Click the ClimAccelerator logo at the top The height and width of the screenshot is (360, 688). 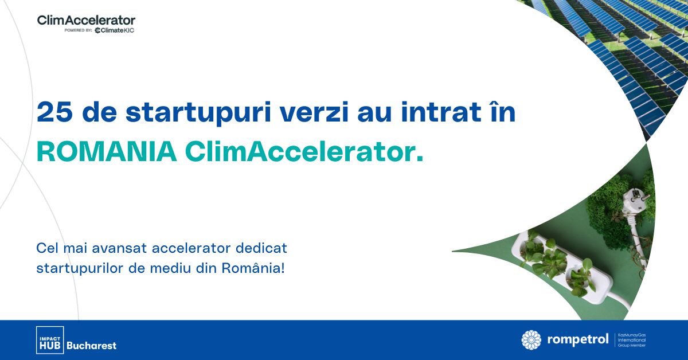tap(86, 20)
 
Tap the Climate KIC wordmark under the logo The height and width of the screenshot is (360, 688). tap(115, 30)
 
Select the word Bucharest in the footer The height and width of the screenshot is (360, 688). tap(92, 346)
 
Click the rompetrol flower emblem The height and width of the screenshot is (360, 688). tap(531, 340)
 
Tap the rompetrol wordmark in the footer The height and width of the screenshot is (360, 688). tap(577, 341)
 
